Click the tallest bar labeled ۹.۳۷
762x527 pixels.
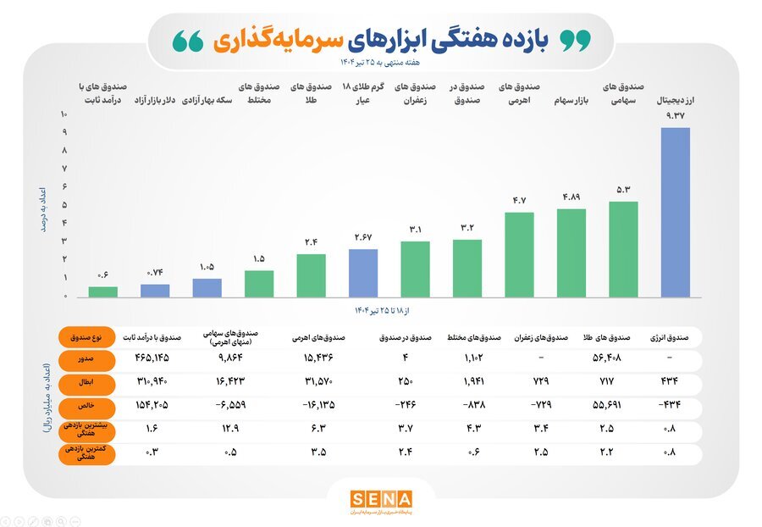[x=676, y=212]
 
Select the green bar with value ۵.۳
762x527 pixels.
[x=623, y=249]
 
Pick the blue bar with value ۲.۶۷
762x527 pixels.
[x=363, y=273]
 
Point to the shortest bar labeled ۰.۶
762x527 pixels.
[x=103, y=291]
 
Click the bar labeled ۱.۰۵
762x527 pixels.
[x=207, y=287]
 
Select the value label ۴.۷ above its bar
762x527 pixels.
[x=519, y=200]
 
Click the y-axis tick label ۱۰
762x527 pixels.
[x=63, y=114]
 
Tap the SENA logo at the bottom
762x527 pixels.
[x=381, y=500]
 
